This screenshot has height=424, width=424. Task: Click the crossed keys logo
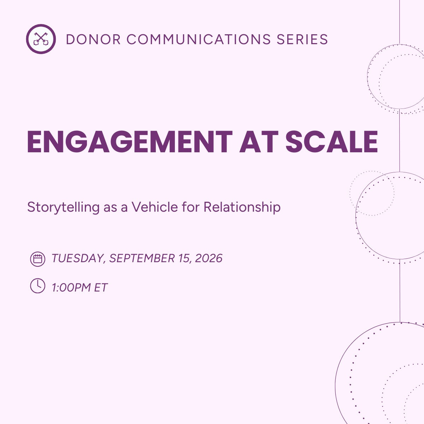tap(41, 39)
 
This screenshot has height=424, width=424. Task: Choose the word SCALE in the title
tap(331, 142)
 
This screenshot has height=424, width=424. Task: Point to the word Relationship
tap(242, 207)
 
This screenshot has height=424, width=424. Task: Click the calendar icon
tap(37, 259)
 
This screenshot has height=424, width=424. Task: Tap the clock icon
tap(37, 286)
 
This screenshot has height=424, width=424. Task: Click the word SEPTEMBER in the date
tap(142, 258)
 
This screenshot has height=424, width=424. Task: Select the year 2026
tap(208, 258)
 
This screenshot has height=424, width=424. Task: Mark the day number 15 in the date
tap(184, 258)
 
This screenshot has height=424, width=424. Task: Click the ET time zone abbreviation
tap(100, 288)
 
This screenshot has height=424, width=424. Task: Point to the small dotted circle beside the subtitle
tap(372, 193)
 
